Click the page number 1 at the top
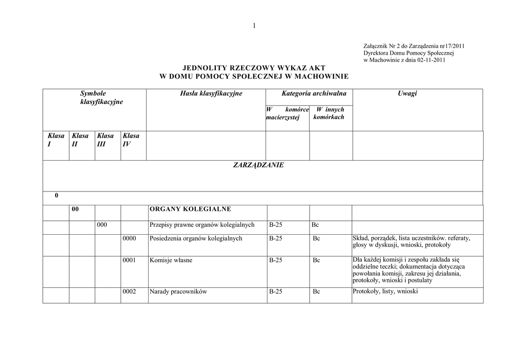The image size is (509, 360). click(254, 26)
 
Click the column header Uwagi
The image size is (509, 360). click(407, 93)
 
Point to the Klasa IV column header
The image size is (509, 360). click(131, 140)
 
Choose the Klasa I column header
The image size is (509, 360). click(56, 140)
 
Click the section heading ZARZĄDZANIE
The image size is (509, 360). click(258, 165)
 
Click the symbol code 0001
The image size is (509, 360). click(129, 260)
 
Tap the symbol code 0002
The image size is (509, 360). click(129, 292)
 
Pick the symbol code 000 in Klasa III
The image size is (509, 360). click(102, 225)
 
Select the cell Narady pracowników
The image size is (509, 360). click(178, 292)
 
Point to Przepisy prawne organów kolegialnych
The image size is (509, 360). click(202, 225)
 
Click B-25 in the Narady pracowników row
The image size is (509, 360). click(275, 292)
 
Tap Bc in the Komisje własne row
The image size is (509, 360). click(317, 260)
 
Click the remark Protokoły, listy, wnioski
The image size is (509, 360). click(385, 291)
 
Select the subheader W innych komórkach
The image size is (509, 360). click(330, 113)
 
